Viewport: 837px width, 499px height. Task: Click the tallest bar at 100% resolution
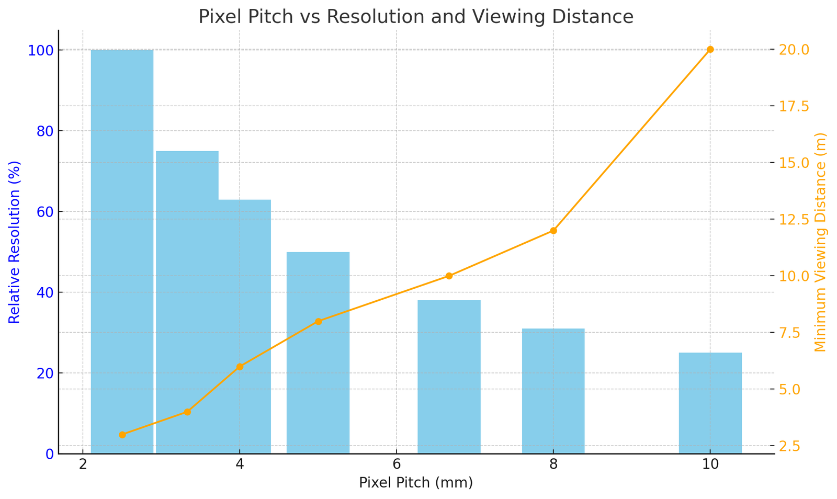point(122,251)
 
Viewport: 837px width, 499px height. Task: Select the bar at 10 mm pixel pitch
point(710,403)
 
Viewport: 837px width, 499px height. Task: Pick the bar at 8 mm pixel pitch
point(553,391)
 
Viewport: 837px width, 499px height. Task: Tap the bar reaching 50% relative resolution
point(318,353)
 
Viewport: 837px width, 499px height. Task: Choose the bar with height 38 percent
point(448,377)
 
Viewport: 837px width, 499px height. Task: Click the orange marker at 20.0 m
point(710,50)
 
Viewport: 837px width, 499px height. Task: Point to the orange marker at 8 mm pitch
point(553,231)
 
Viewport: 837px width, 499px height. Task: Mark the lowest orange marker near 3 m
point(122,435)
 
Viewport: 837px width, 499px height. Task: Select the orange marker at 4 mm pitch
point(240,367)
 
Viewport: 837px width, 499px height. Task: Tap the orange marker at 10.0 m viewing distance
point(448,276)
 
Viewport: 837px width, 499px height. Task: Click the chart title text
point(415,17)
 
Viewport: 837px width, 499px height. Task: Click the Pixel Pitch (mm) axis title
point(415,483)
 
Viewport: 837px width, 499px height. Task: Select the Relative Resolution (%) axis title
point(14,242)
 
